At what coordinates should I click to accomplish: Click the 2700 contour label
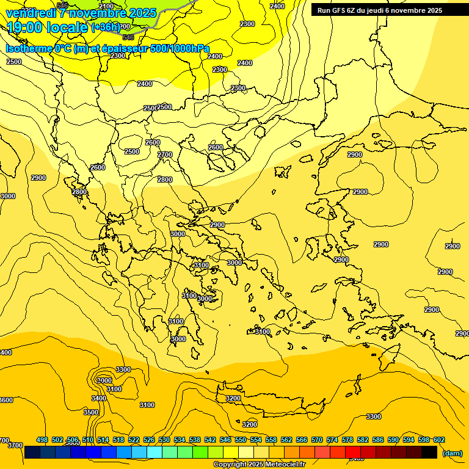[165, 155]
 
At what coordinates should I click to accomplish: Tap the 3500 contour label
[91, 412]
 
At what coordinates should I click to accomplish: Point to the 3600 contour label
[5, 400]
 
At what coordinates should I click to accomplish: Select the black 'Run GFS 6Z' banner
[389, 10]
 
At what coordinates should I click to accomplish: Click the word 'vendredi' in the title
[31, 13]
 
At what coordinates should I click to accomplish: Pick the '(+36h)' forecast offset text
[106, 27]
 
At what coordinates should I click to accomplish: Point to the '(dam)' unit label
[452, 453]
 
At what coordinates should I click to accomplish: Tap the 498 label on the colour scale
[42, 440]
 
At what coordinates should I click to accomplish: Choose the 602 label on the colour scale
[439, 440]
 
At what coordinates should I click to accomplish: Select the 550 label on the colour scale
[241, 440]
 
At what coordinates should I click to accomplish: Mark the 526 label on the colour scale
[149, 440]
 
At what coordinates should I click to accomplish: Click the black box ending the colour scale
[429, 452]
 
